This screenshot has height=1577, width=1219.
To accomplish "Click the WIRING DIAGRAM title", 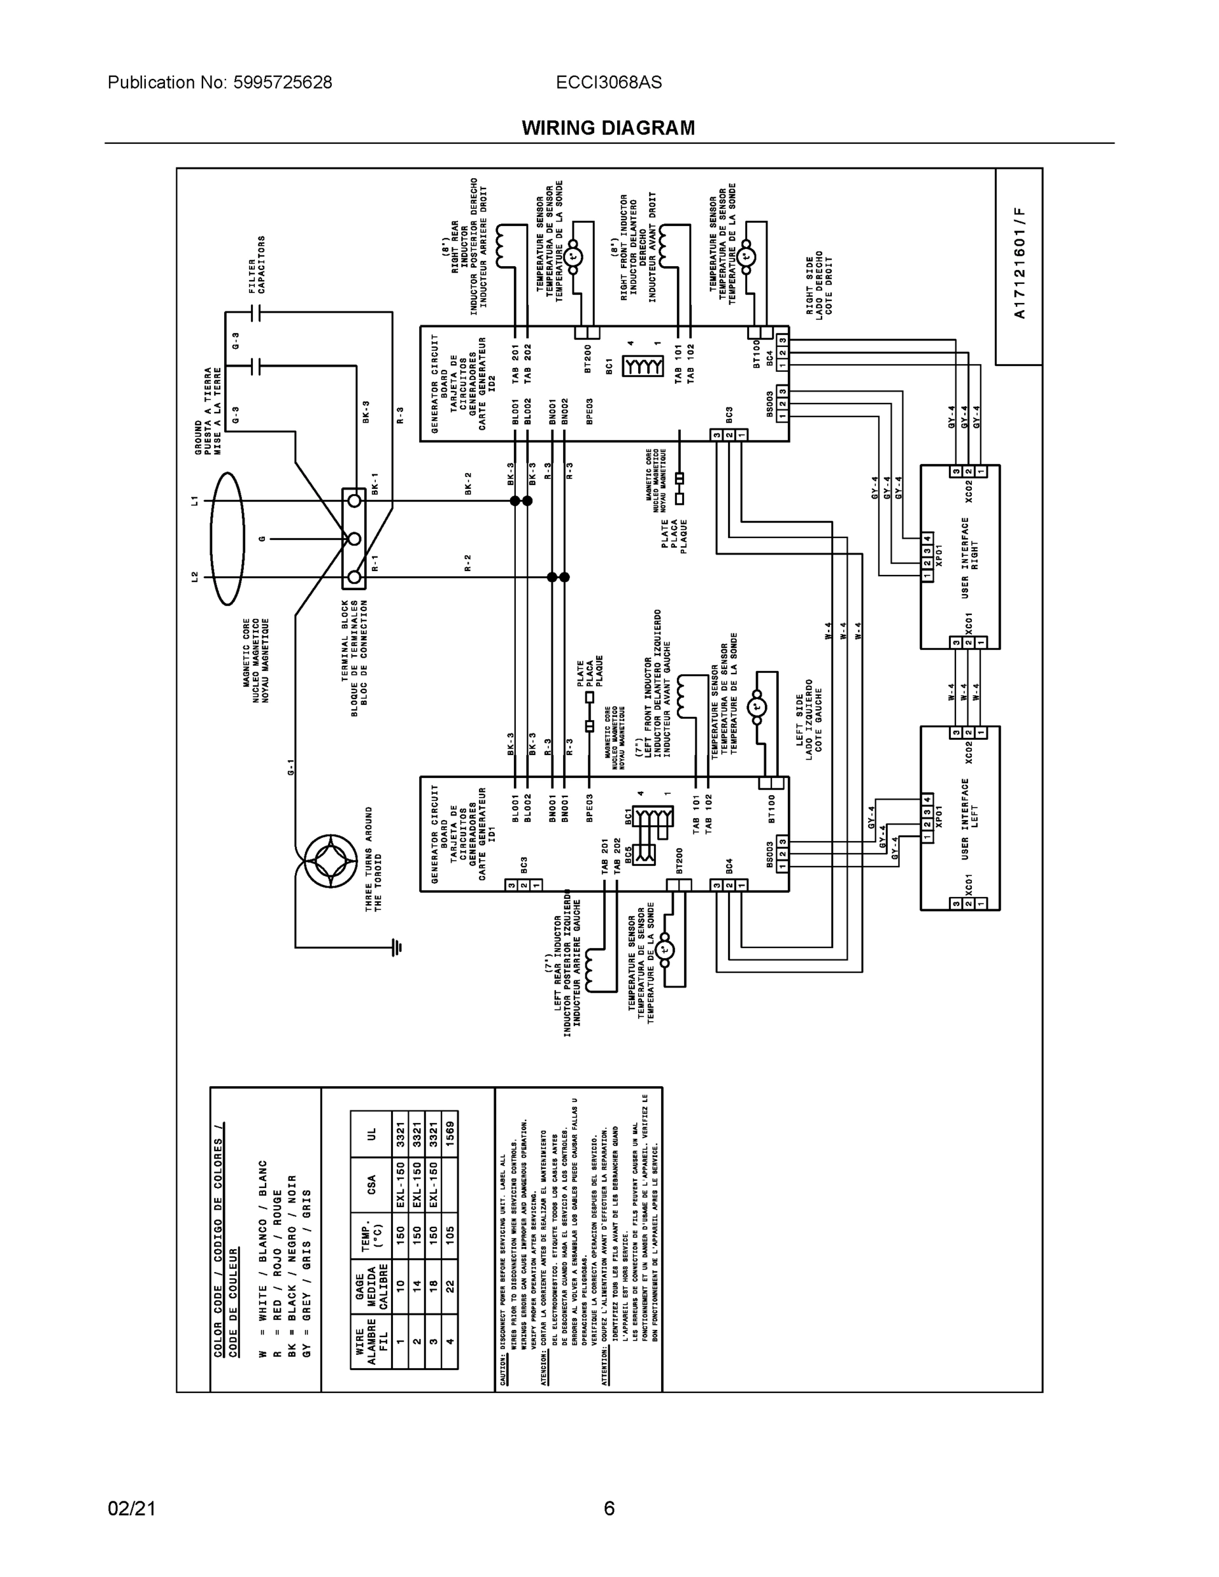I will (608, 128).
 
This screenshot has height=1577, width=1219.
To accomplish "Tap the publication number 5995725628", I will (283, 82).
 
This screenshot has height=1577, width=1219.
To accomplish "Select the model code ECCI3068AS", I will (608, 82).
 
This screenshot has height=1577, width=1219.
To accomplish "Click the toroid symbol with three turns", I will (331, 861).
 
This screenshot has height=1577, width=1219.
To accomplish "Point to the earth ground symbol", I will (396, 947).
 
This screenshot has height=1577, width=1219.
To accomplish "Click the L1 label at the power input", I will (195, 499).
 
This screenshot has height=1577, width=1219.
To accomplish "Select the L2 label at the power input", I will (195, 576).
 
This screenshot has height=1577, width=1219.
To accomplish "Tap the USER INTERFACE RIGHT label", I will (970, 557).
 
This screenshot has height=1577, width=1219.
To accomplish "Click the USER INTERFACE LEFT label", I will (970, 818).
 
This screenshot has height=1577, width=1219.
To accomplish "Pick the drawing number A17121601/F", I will (1019, 263).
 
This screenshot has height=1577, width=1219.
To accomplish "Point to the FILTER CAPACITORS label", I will (257, 264).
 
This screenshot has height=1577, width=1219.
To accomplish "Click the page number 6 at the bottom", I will (609, 1509).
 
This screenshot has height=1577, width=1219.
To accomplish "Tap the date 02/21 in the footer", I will (131, 1509).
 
